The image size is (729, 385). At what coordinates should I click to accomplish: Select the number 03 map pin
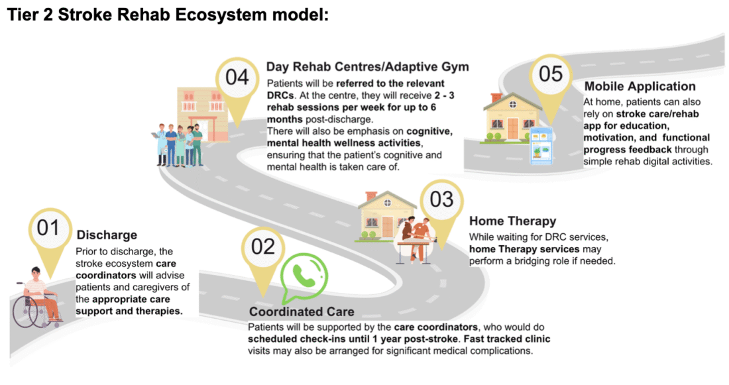coord(441,200)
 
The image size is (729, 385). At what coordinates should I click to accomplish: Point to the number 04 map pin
coord(237,79)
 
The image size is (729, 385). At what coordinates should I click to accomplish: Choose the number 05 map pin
coord(551,76)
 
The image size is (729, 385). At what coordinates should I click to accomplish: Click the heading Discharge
coord(107,235)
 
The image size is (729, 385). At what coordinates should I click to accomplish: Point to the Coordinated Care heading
coord(302,311)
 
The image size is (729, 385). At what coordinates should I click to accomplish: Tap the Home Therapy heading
coord(512,221)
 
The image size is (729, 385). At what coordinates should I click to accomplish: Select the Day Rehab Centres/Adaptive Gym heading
coord(367,67)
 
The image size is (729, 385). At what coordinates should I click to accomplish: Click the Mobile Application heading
coord(640,86)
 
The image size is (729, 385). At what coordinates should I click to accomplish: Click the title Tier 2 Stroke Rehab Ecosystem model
coord(168,15)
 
